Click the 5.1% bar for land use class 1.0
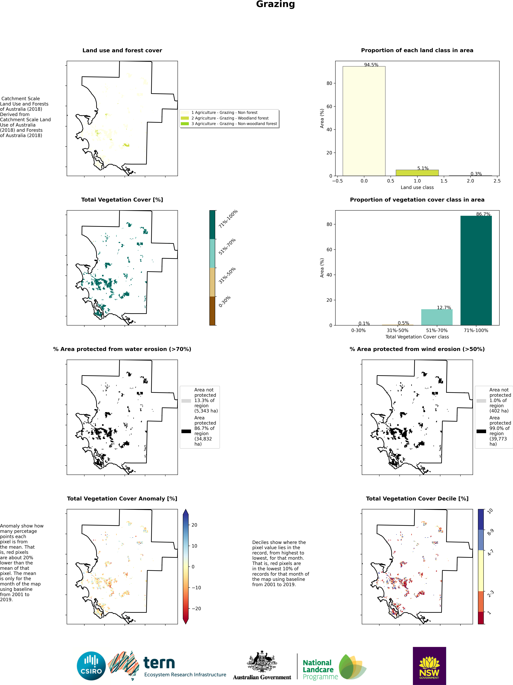tap(417, 173)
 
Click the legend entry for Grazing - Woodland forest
tap(230, 118)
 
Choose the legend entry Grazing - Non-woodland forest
tap(234, 124)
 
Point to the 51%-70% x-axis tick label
tap(436, 330)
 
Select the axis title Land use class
tap(417, 187)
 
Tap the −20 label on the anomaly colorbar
tap(196, 609)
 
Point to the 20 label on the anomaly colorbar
tap(194, 525)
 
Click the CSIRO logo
tap(91, 666)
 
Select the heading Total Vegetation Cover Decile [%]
tap(417, 499)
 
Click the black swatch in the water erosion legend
tap(186, 431)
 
